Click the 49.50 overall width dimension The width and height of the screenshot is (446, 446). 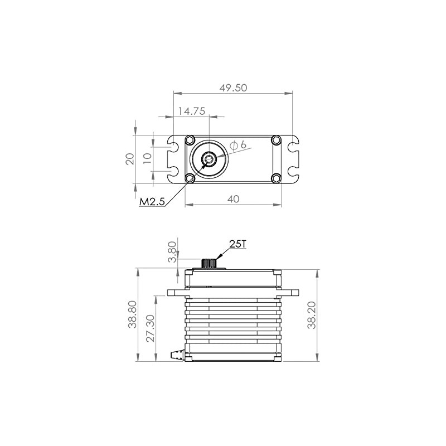233,88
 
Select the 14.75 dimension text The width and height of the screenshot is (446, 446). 192,111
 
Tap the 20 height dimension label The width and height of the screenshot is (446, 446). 130,159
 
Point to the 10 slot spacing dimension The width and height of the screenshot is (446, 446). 147,158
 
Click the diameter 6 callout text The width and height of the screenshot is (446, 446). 238,145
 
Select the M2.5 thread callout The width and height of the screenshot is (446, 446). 152,202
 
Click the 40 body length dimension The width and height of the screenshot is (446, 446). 233,199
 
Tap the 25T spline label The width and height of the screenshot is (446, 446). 237,244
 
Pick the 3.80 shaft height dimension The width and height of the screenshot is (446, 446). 172,252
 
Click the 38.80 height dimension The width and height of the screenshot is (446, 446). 132,314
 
